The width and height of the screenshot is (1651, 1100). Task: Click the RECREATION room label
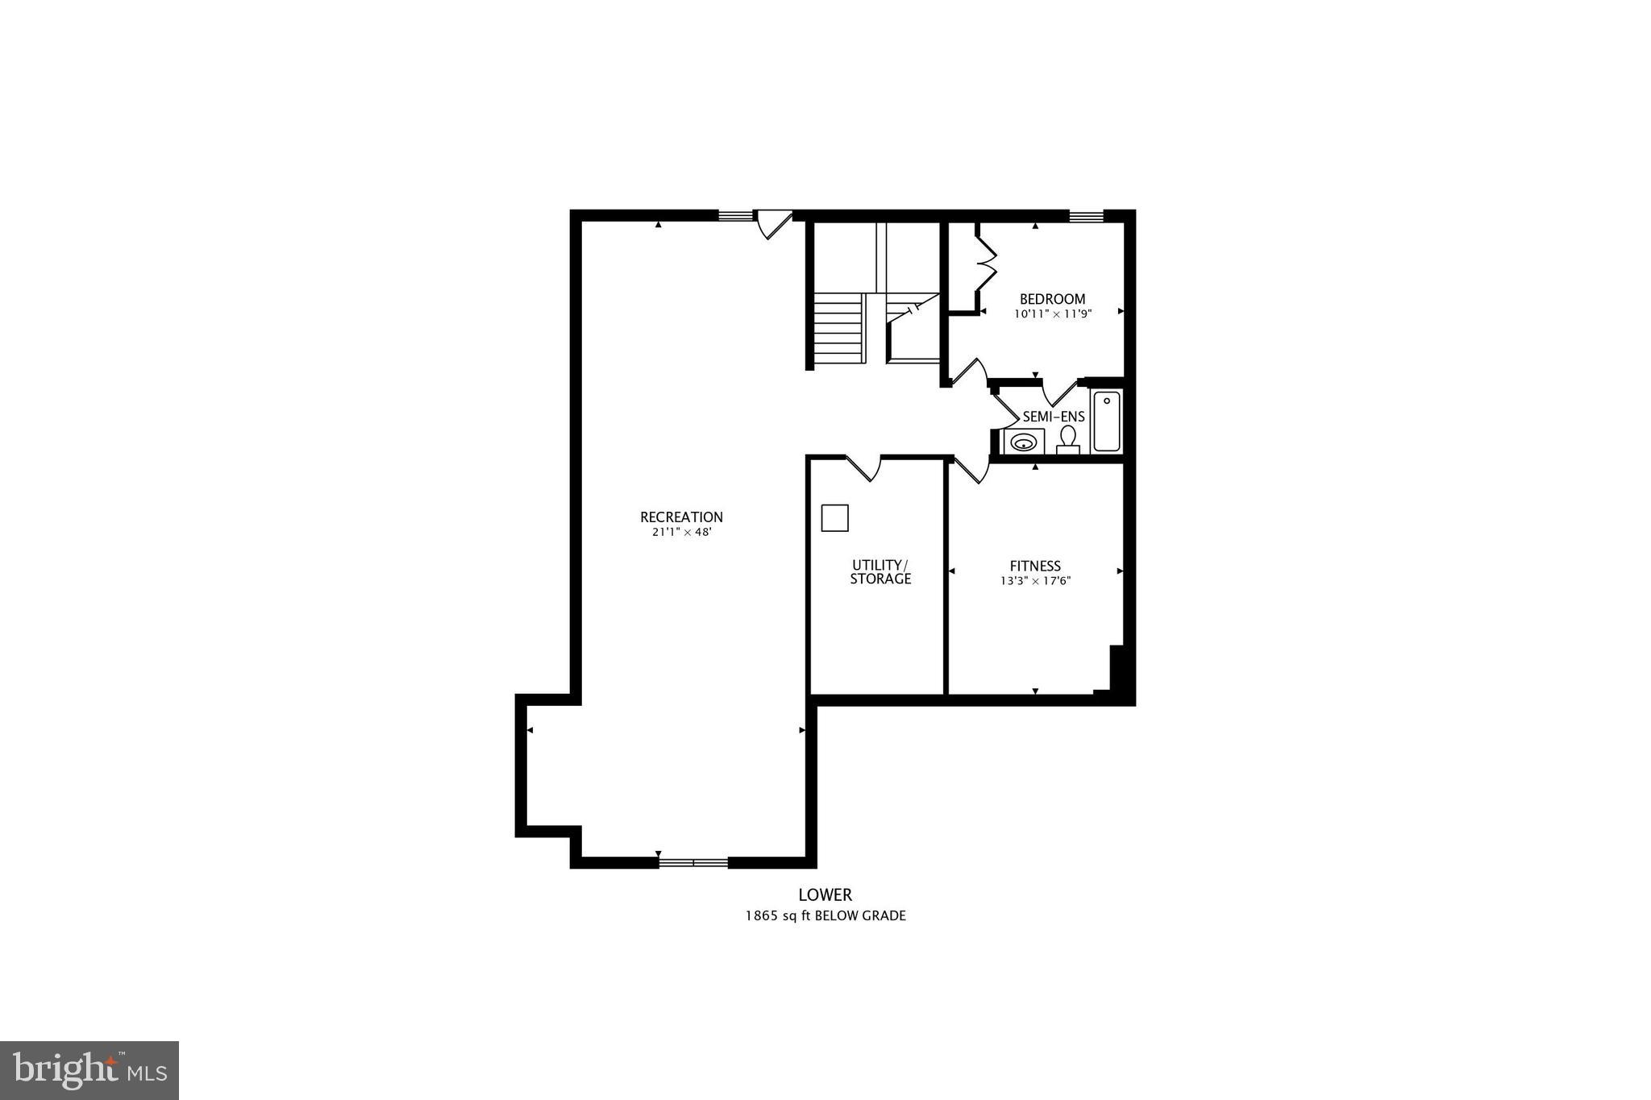[681, 517]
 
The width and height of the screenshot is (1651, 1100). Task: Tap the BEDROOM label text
[1052, 299]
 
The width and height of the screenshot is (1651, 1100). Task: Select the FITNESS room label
[1035, 566]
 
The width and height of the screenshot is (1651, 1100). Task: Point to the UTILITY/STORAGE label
[880, 571]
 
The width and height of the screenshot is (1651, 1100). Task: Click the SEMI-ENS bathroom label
[1054, 417]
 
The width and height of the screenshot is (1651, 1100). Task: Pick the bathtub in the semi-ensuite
[1106, 421]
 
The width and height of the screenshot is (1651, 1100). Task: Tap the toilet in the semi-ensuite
[1068, 439]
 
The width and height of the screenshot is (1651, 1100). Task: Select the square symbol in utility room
[834, 517]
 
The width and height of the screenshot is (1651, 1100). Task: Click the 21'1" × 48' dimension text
[681, 532]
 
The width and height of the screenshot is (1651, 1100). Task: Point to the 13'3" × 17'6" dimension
[1035, 580]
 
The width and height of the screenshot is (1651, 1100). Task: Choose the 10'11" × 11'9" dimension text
[1052, 314]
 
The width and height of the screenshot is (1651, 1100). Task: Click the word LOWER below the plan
[825, 895]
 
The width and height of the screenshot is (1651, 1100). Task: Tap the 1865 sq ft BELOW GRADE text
[825, 915]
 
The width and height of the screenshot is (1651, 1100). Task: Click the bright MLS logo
[89, 1070]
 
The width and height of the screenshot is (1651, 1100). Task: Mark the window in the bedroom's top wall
[1085, 215]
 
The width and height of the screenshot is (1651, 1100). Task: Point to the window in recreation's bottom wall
[693, 862]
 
